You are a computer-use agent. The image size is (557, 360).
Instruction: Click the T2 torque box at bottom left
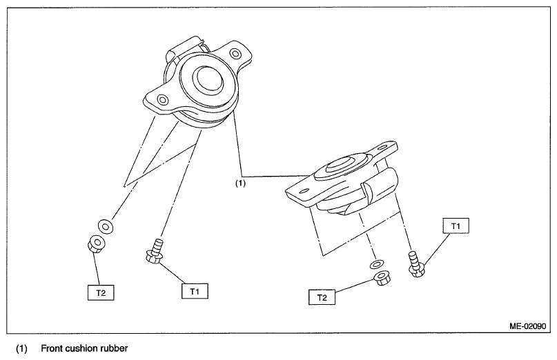point(101,293)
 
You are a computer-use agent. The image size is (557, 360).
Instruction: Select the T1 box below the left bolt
point(195,292)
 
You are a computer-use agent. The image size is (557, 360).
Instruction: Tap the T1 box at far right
point(456,226)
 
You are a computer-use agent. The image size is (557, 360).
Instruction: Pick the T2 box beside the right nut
point(322,297)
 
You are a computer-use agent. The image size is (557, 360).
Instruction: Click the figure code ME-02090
point(527,326)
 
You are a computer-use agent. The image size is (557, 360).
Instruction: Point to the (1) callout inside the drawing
point(240,183)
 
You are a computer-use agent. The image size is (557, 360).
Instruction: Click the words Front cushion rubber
point(84,348)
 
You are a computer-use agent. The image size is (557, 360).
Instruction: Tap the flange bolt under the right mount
point(416,264)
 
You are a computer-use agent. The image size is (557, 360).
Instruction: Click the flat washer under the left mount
point(106,226)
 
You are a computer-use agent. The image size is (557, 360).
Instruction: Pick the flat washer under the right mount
point(376,264)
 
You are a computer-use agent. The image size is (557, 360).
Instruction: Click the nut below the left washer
point(95,244)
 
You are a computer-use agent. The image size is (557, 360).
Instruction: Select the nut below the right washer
point(381,278)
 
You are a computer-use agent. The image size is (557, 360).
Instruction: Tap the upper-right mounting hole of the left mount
point(235,54)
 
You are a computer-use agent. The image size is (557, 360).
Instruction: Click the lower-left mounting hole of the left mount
point(162,100)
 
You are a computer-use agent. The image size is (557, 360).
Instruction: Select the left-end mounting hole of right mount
point(304,191)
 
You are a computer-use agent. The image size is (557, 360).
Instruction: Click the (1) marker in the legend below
point(21,348)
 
